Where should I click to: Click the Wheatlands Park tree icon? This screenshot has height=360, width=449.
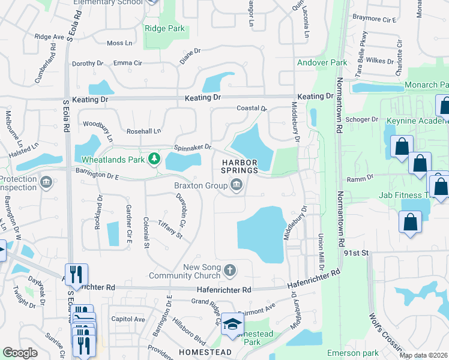(x=155, y=158)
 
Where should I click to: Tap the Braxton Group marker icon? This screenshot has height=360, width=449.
(x=237, y=185)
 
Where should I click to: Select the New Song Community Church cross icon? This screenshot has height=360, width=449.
(x=229, y=271)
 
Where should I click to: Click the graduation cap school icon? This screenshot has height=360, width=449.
(x=231, y=325)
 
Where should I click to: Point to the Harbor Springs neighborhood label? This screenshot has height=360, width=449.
(x=240, y=166)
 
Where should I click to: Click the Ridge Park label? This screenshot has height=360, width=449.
(x=164, y=28)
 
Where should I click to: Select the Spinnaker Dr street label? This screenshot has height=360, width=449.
(x=193, y=147)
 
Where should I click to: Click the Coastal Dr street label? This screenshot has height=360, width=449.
(x=251, y=109)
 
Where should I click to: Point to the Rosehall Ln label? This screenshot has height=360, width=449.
(x=143, y=131)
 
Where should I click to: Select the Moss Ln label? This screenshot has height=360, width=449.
(x=119, y=43)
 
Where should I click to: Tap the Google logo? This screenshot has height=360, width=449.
(x=20, y=353)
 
